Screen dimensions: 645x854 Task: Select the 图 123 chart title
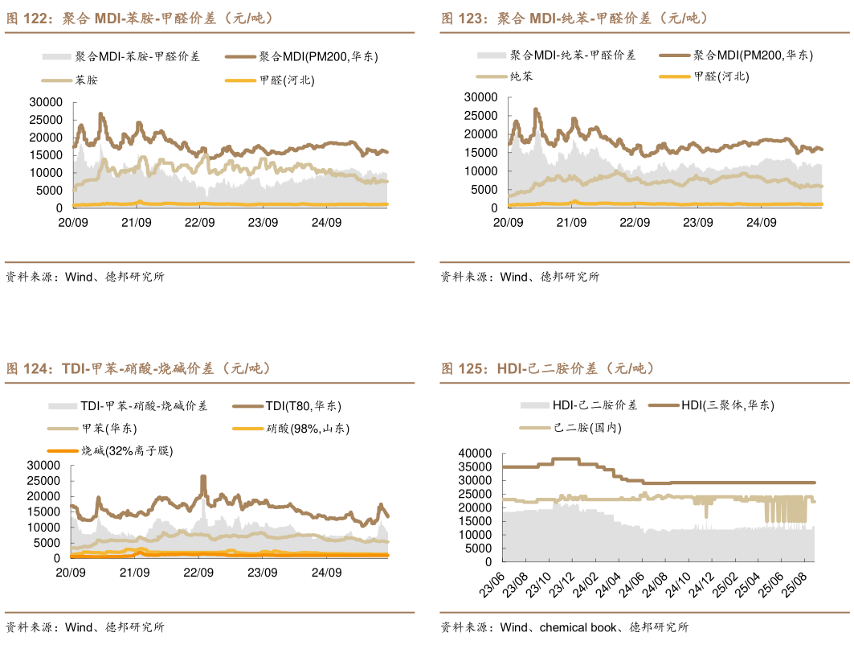click(574, 18)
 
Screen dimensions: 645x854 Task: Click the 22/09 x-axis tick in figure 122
click(199, 223)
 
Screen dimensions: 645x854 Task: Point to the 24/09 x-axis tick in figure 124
click(326, 573)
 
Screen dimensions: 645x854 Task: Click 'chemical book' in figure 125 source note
click(578, 627)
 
